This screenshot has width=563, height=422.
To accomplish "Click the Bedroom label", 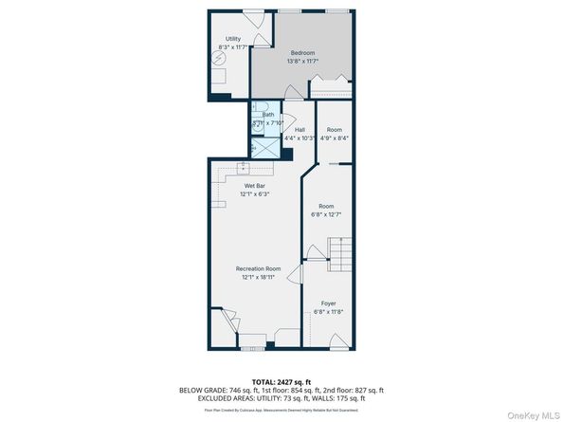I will click(302, 52).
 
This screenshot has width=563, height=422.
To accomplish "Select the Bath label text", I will click(268, 114).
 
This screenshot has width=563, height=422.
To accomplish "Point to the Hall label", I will click(300, 129).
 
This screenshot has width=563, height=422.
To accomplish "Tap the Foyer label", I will click(328, 303).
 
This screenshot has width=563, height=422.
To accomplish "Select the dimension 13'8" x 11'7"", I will click(302, 61).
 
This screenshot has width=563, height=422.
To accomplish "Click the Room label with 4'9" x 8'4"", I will click(334, 129).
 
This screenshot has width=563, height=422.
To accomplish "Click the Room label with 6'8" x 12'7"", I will click(326, 206).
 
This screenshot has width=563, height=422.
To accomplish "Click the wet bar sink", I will click(243, 165).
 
